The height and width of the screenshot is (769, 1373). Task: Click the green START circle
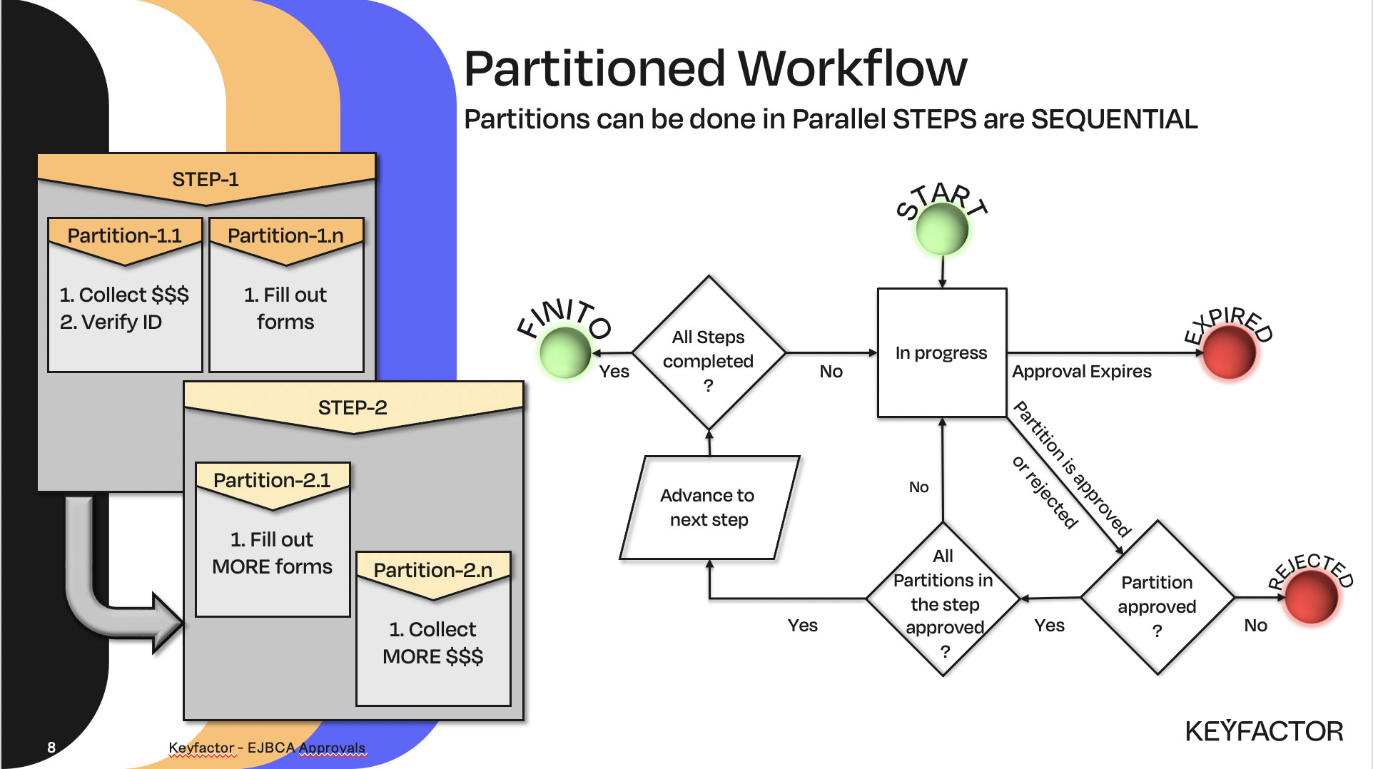tap(942, 230)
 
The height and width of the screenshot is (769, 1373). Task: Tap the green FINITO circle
tap(565, 352)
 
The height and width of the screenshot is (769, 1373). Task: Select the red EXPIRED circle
tap(1229, 352)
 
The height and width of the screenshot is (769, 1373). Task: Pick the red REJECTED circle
tap(1311, 598)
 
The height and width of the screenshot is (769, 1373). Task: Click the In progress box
tap(941, 352)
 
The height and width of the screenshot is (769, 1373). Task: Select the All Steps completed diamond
tap(708, 353)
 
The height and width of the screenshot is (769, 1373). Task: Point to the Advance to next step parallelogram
tap(709, 507)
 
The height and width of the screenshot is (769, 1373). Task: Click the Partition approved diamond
tap(1157, 598)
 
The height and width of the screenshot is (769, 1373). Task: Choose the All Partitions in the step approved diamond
tap(943, 599)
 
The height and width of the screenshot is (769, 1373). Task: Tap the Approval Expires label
tap(1081, 372)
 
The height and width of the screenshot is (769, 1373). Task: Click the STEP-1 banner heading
tap(206, 179)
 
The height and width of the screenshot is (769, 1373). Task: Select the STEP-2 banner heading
tap(353, 407)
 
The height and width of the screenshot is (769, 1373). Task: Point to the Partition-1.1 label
tap(125, 235)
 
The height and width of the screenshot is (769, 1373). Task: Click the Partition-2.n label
tap(433, 570)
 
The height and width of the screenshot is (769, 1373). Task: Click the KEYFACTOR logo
tap(1264, 731)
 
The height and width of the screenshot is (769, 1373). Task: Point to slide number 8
tap(51, 747)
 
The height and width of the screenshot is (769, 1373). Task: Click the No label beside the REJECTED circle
tap(1255, 626)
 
